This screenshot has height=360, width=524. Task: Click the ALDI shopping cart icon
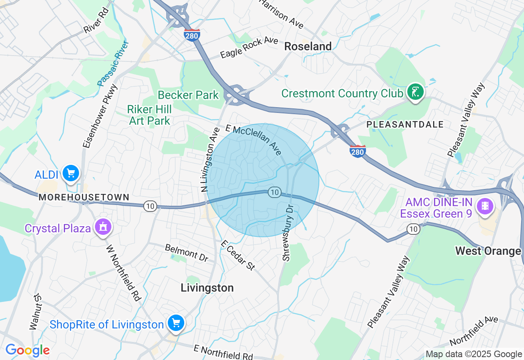coord(71,173)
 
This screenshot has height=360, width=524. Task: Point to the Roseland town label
coord(308,47)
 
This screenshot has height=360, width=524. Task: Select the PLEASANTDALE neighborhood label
coord(405,124)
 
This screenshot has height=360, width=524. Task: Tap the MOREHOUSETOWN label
coord(84,197)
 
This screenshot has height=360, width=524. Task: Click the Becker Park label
coord(188,95)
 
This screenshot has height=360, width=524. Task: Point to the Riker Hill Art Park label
coord(149,115)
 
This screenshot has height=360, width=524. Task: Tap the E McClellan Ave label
coord(253,140)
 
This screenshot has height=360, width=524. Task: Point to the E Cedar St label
coord(238,255)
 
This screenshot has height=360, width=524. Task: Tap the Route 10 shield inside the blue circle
coord(274,192)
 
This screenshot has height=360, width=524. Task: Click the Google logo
coord(27,350)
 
